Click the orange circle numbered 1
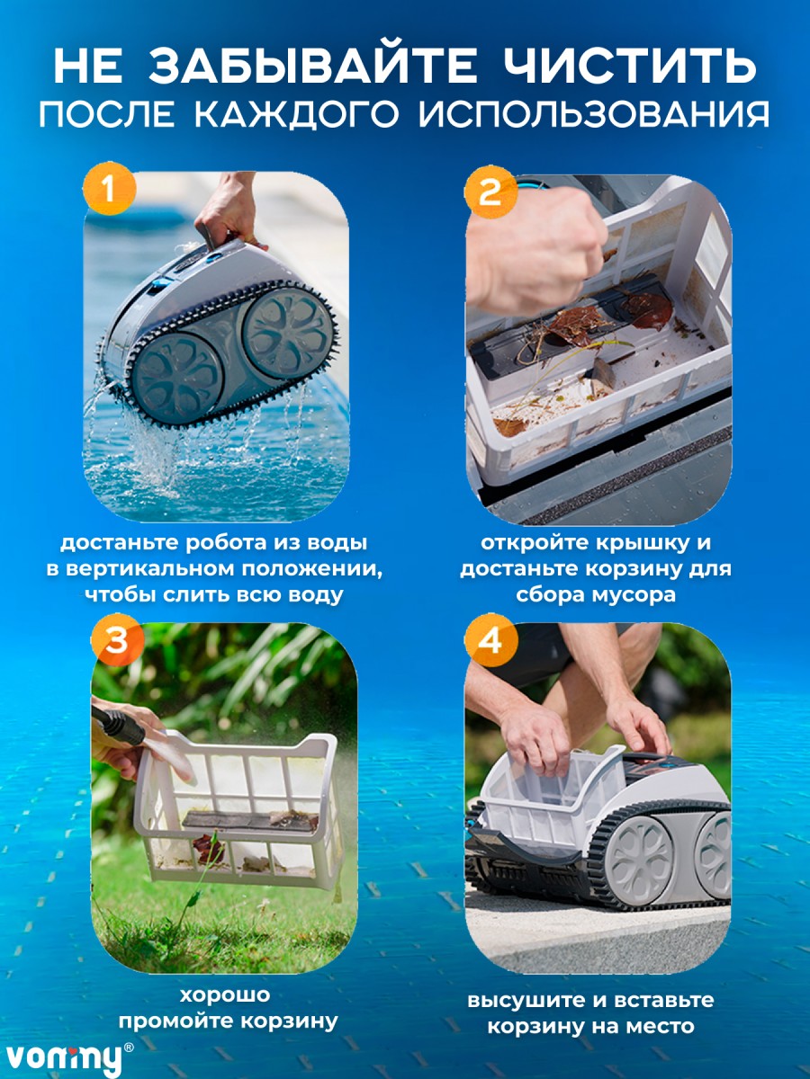pos(109,189)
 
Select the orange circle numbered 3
pos(118,639)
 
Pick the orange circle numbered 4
pos(490,639)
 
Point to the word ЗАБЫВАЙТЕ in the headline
pos(313,66)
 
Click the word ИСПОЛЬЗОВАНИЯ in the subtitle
pos(594,115)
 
